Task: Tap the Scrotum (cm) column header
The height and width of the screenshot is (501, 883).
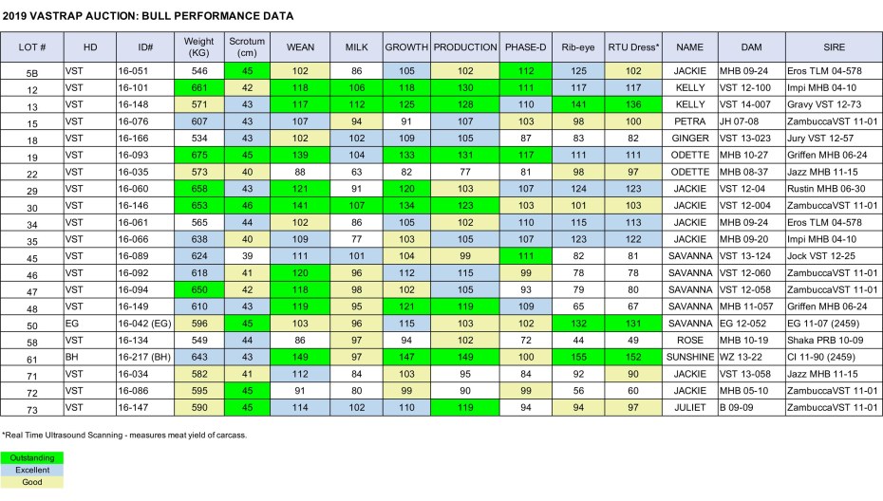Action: point(247,46)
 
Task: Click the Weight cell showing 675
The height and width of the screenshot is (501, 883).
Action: point(199,156)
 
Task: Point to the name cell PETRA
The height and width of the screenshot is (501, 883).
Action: point(689,121)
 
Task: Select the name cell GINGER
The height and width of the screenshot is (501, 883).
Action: point(689,139)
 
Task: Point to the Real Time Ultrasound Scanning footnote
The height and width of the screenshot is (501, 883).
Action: point(123,435)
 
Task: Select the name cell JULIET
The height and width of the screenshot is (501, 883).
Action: point(689,408)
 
